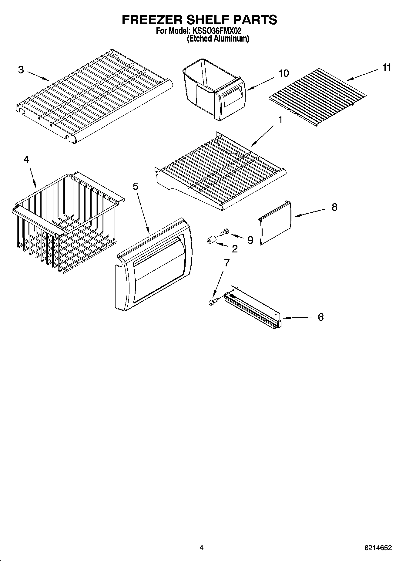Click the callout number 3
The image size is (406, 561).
[x=21, y=70]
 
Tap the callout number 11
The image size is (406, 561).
[x=387, y=67]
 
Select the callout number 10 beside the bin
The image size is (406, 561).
[x=284, y=73]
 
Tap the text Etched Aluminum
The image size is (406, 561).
[x=218, y=39]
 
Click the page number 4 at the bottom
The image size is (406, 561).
[x=201, y=547]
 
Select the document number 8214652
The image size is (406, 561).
[x=378, y=548]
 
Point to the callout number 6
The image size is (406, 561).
[x=321, y=317]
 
